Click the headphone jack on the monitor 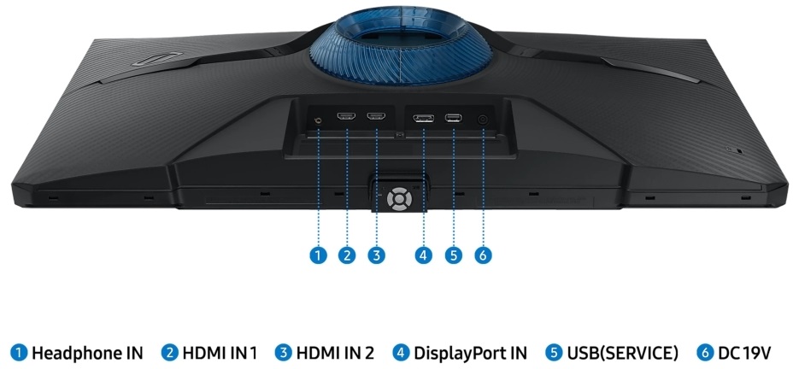(x=318, y=120)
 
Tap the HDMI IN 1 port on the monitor (x=346, y=117)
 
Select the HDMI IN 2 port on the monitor (x=377, y=117)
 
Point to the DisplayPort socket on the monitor (x=423, y=118)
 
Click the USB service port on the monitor (x=453, y=118)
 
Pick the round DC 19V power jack (x=483, y=120)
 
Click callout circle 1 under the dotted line (x=318, y=255)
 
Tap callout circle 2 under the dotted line (x=347, y=255)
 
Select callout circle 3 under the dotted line (x=377, y=255)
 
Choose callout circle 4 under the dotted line (x=423, y=255)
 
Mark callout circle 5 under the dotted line (x=454, y=255)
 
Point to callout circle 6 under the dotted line (x=483, y=255)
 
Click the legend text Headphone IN (x=87, y=353)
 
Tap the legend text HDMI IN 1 (x=220, y=353)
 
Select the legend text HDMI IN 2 (x=335, y=353)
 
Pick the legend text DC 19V (x=744, y=353)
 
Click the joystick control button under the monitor (x=399, y=199)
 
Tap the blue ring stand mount (x=401, y=45)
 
